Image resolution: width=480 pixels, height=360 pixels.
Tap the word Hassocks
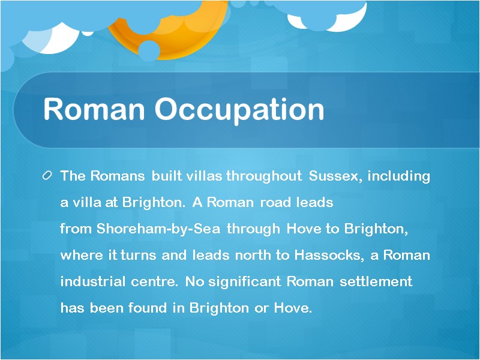click(x=328, y=255)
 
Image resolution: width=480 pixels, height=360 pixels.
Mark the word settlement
click(x=376, y=281)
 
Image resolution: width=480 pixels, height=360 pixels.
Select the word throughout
click(x=265, y=176)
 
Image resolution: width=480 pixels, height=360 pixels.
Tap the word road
click(x=275, y=203)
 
